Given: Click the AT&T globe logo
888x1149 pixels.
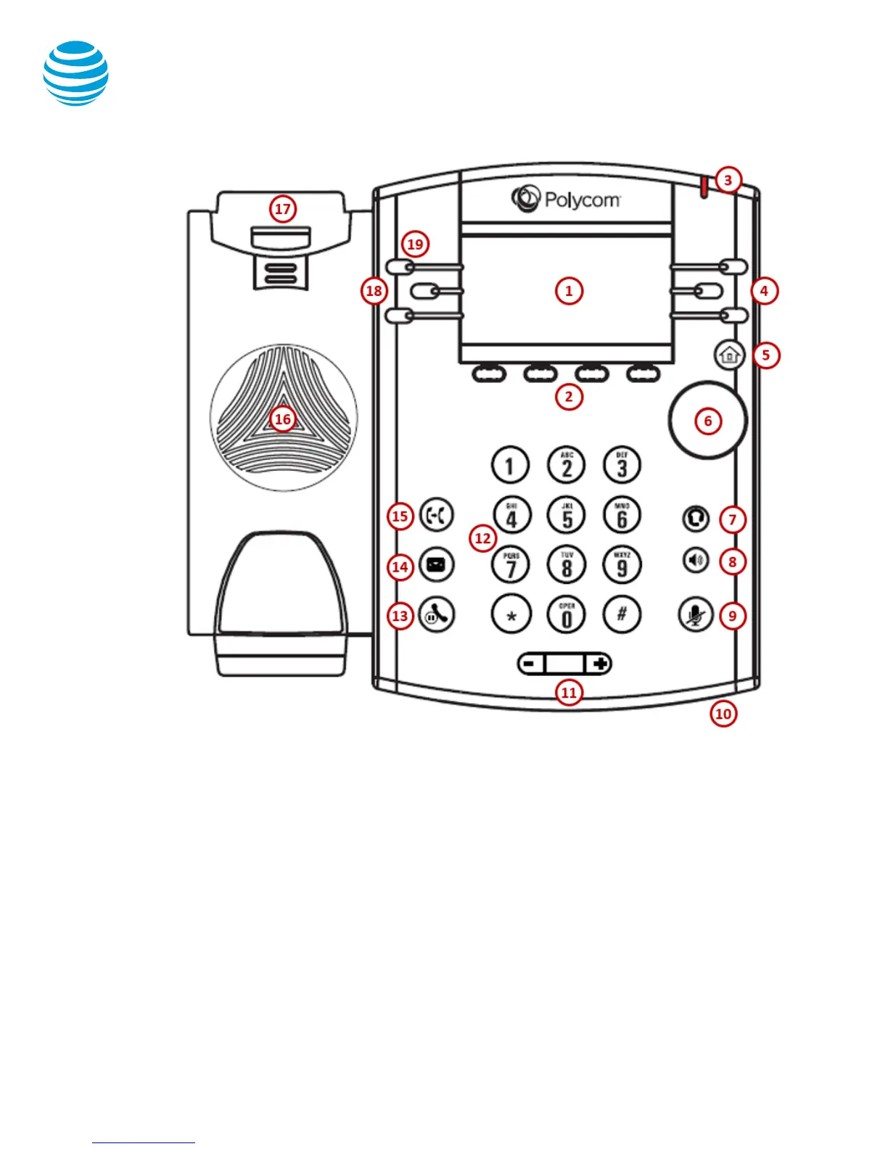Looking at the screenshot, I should coord(76,73).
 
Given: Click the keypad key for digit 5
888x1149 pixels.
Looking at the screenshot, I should coord(567,514).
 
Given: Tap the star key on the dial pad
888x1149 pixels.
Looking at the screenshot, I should coord(511,614).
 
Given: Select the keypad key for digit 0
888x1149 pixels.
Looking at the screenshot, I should coord(567,614).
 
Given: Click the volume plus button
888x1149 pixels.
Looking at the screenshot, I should coord(599,663).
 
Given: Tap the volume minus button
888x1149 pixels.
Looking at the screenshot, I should coord(530,663).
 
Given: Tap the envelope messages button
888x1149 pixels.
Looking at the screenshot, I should coord(436,564).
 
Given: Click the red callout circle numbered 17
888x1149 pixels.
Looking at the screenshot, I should coord(282,209).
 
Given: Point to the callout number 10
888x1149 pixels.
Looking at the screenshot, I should coord(723,714).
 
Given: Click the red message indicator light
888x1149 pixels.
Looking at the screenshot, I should coord(703,187).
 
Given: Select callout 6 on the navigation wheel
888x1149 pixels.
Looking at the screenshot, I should coord(708,421).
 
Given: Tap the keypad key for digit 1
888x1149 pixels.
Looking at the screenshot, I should coord(510,465).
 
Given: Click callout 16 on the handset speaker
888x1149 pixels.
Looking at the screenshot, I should coord(282,419).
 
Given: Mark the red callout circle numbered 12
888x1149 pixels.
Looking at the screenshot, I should coord(483,538).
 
